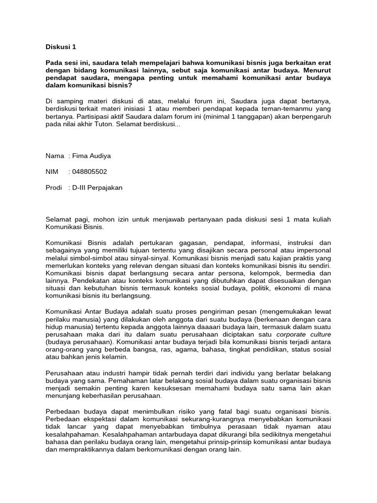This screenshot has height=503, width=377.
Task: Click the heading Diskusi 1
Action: click(61, 48)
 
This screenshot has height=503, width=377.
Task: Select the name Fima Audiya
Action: click(91, 156)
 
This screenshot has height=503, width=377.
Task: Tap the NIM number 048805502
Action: click(89, 171)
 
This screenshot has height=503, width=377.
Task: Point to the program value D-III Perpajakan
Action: click(97, 187)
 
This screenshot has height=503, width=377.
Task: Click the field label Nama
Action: click(54, 156)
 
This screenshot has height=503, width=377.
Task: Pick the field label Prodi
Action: click(54, 187)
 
